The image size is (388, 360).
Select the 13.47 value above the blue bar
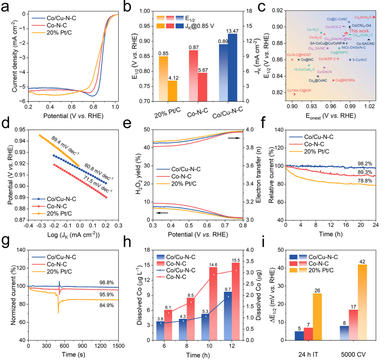tap(232, 30)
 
